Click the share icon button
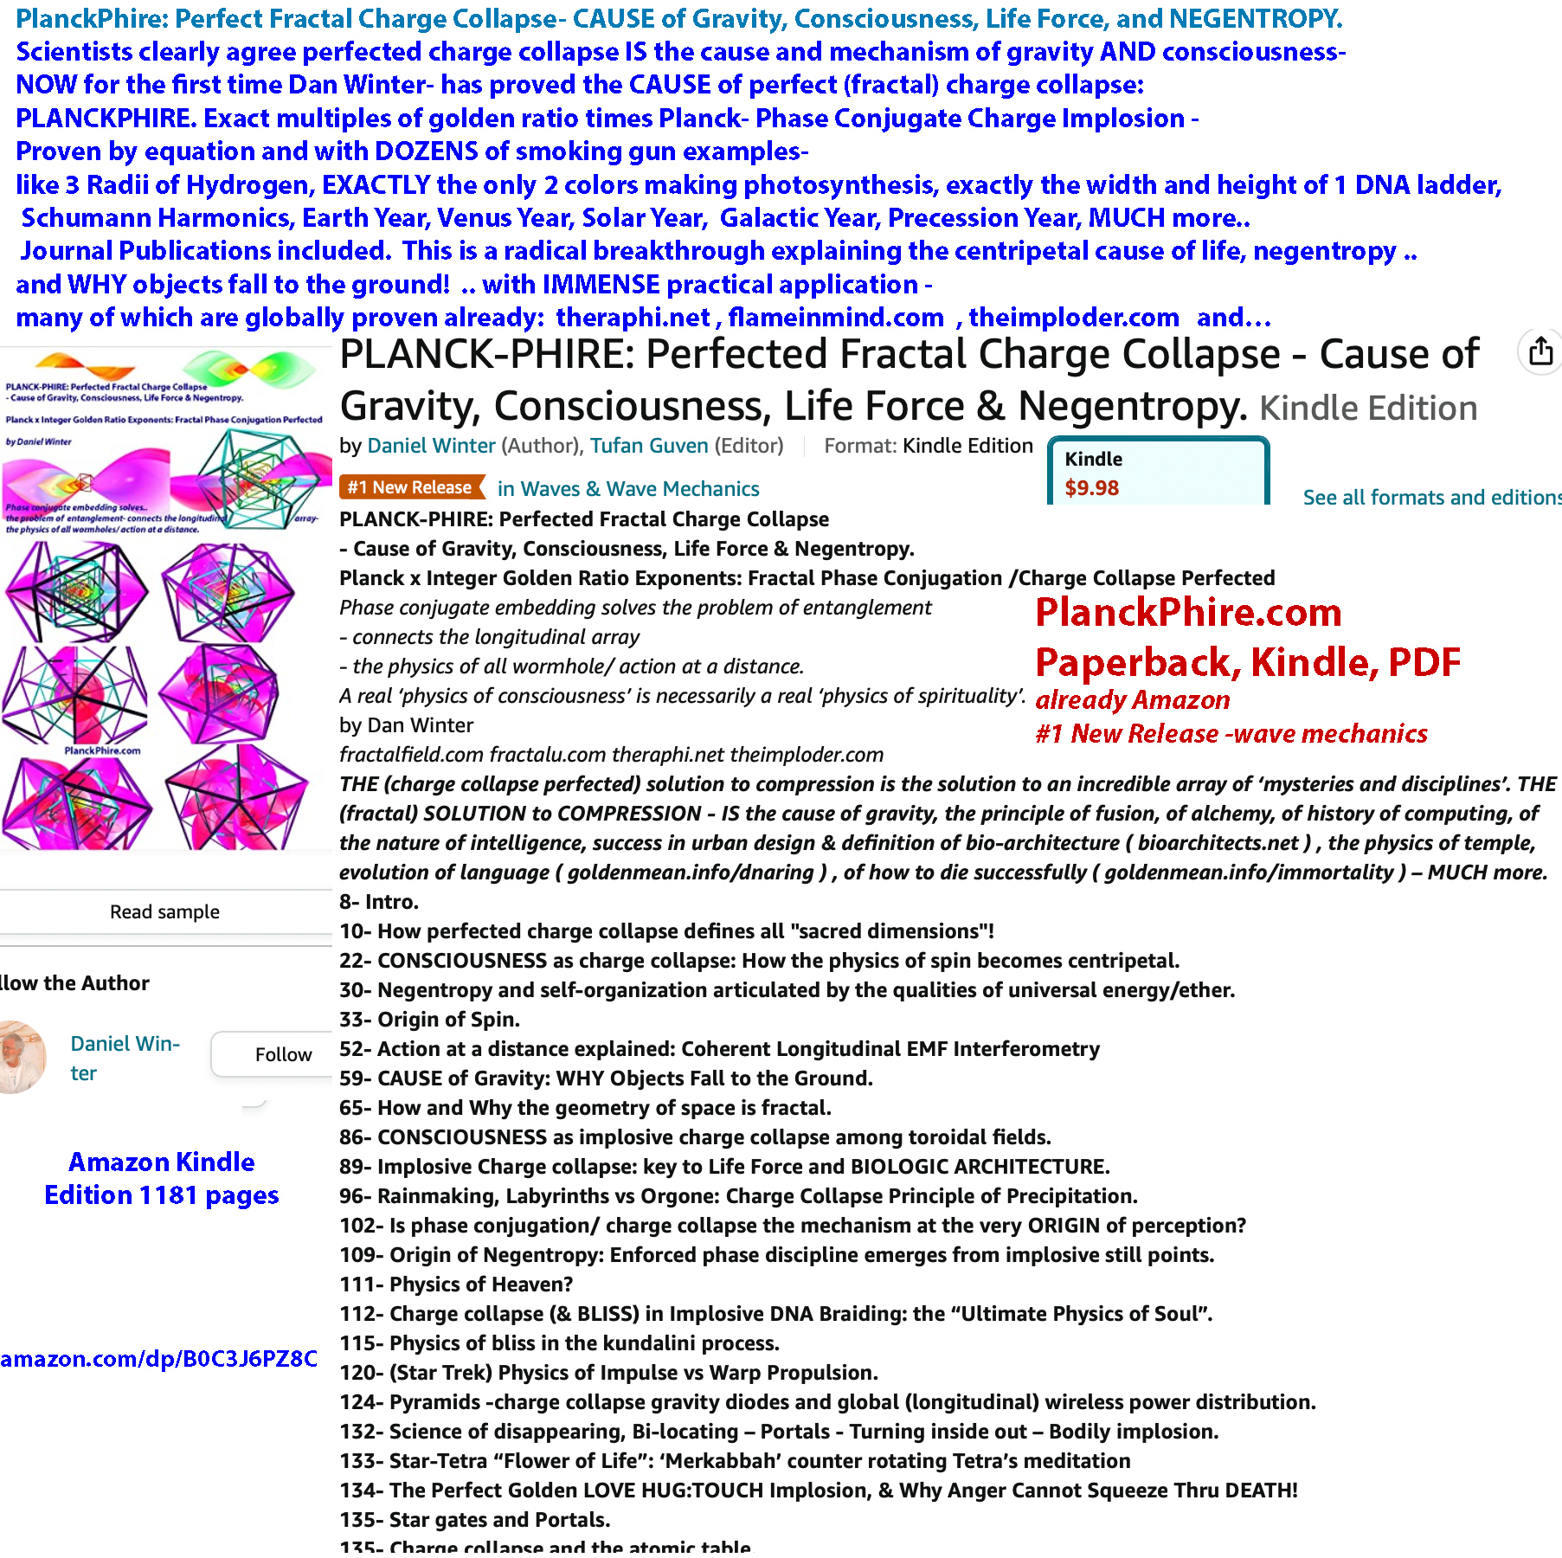pyautogui.click(x=1540, y=352)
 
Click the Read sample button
pyautogui.click(x=164, y=911)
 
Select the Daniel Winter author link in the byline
pyautogui.click(x=431, y=446)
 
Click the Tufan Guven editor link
pyautogui.click(x=649, y=446)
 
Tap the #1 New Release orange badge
pyautogui.click(x=410, y=488)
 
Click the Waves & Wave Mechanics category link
pyautogui.click(x=628, y=489)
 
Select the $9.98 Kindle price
pyautogui.click(x=1091, y=488)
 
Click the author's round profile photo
pyautogui.click(x=22, y=1057)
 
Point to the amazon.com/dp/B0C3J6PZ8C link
pyautogui.click(x=159, y=1359)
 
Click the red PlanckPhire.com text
pyautogui.click(x=1188, y=613)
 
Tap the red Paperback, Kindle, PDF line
pyautogui.click(x=1248, y=663)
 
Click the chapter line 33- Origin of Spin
pyautogui.click(x=430, y=1020)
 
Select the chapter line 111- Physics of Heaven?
pyautogui.click(x=456, y=1284)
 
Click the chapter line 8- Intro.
pyautogui.click(x=379, y=902)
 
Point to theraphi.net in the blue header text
pyautogui.click(x=633, y=318)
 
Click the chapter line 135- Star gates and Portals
pyautogui.click(x=475, y=1520)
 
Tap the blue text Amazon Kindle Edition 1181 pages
pyautogui.click(x=162, y=1178)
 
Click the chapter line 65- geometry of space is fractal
pyautogui.click(x=585, y=1108)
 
